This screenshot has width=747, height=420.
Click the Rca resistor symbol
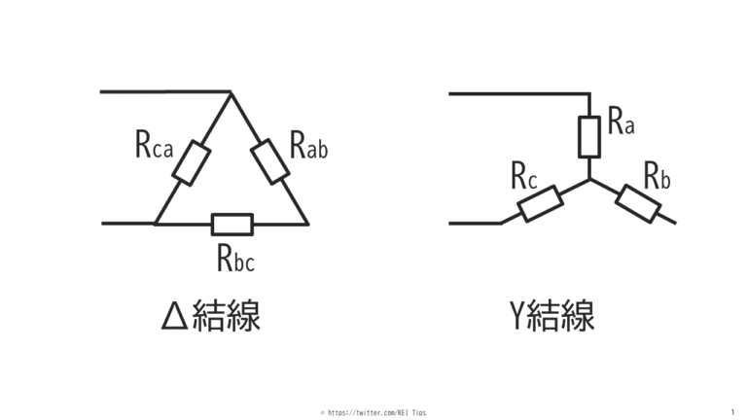coord(192,162)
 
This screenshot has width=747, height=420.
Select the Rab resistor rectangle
coord(270,160)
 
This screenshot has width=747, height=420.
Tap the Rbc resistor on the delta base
coord(231,225)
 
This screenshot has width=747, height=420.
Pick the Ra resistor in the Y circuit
coord(589,136)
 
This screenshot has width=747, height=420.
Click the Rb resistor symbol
coord(638,202)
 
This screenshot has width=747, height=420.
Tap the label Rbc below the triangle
coord(235,258)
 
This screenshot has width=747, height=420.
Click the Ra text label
coord(621,122)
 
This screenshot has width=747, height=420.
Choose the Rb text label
coord(658,175)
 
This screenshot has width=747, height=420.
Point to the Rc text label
coord(525,176)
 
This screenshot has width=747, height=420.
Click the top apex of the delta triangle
coord(231,92)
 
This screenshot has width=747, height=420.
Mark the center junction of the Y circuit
coord(589,179)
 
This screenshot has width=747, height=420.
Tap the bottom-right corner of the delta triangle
coord(308,225)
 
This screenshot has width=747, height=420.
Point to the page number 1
coord(731,412)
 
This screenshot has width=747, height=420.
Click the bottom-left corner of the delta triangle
coord(155,224)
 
